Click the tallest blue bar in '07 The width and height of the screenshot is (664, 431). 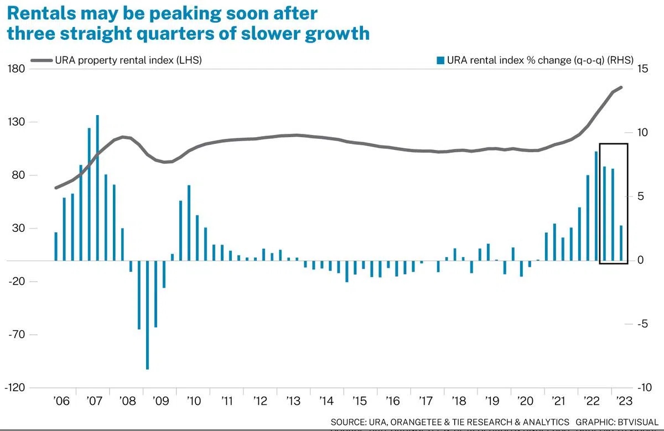pos(97,188)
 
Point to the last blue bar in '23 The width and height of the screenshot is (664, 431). pos(621,243)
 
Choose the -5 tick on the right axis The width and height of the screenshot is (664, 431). pos(643,324)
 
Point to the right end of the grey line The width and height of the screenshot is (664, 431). pos(621,87)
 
